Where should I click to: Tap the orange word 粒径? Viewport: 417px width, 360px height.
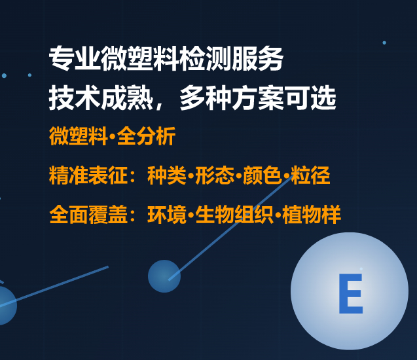[311, 175]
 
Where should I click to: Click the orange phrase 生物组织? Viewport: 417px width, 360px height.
[235, 215]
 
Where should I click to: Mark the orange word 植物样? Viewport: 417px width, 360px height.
[312, 215]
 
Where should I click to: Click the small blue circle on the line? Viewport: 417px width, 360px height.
[164, 276]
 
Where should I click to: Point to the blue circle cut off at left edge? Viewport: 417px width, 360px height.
[5, 305]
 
